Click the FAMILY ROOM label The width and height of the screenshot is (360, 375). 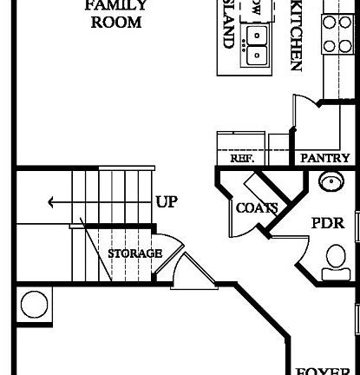[115, 14]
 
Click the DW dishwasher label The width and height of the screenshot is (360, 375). [255, 9]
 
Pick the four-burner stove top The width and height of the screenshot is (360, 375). [337, 34]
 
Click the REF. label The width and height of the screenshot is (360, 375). [241, 159]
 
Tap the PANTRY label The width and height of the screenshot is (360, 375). [324, 159]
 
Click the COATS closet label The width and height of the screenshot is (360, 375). [257, 208]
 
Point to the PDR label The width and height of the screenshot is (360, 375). [328, 223]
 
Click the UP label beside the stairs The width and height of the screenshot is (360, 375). [167, 202]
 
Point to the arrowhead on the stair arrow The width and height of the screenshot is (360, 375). [53, 203]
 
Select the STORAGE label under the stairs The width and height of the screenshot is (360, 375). [134, 253]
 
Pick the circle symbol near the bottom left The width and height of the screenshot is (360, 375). [34, 304]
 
